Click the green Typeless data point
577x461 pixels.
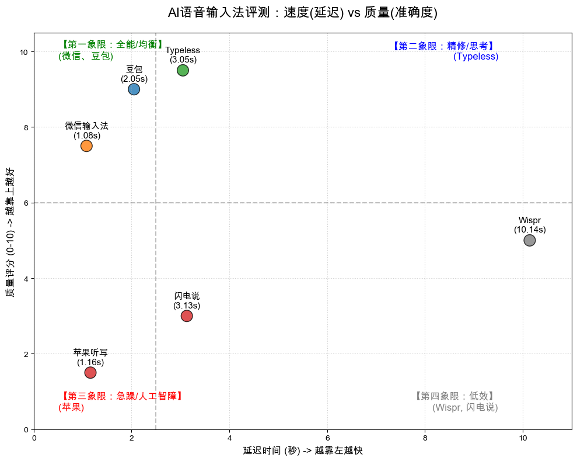pos(183,70)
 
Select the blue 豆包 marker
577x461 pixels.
pos(134,89)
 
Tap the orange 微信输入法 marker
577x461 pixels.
pos(86,145)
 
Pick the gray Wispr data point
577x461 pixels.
pos(529,240)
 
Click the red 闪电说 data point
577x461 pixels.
pos(187,316)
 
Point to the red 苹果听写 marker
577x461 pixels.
pos(90,373)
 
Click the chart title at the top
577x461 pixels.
pos(302,13)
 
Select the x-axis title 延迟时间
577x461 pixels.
pos(302,450)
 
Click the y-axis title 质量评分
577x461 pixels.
pos(10,232)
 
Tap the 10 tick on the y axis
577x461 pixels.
pos(23,52)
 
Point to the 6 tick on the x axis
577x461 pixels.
pos(327,437)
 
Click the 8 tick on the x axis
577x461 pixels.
pos(425,437)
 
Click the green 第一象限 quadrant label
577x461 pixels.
pos(113,45)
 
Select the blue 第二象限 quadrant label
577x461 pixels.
pos(443,46)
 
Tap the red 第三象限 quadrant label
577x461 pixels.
pos(122,396)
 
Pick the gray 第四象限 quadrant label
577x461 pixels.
pos(455,396)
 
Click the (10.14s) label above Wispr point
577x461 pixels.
pos(530,230)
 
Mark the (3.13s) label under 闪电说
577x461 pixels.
pos(187,306)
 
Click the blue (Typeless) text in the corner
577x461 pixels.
pos(475,57)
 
